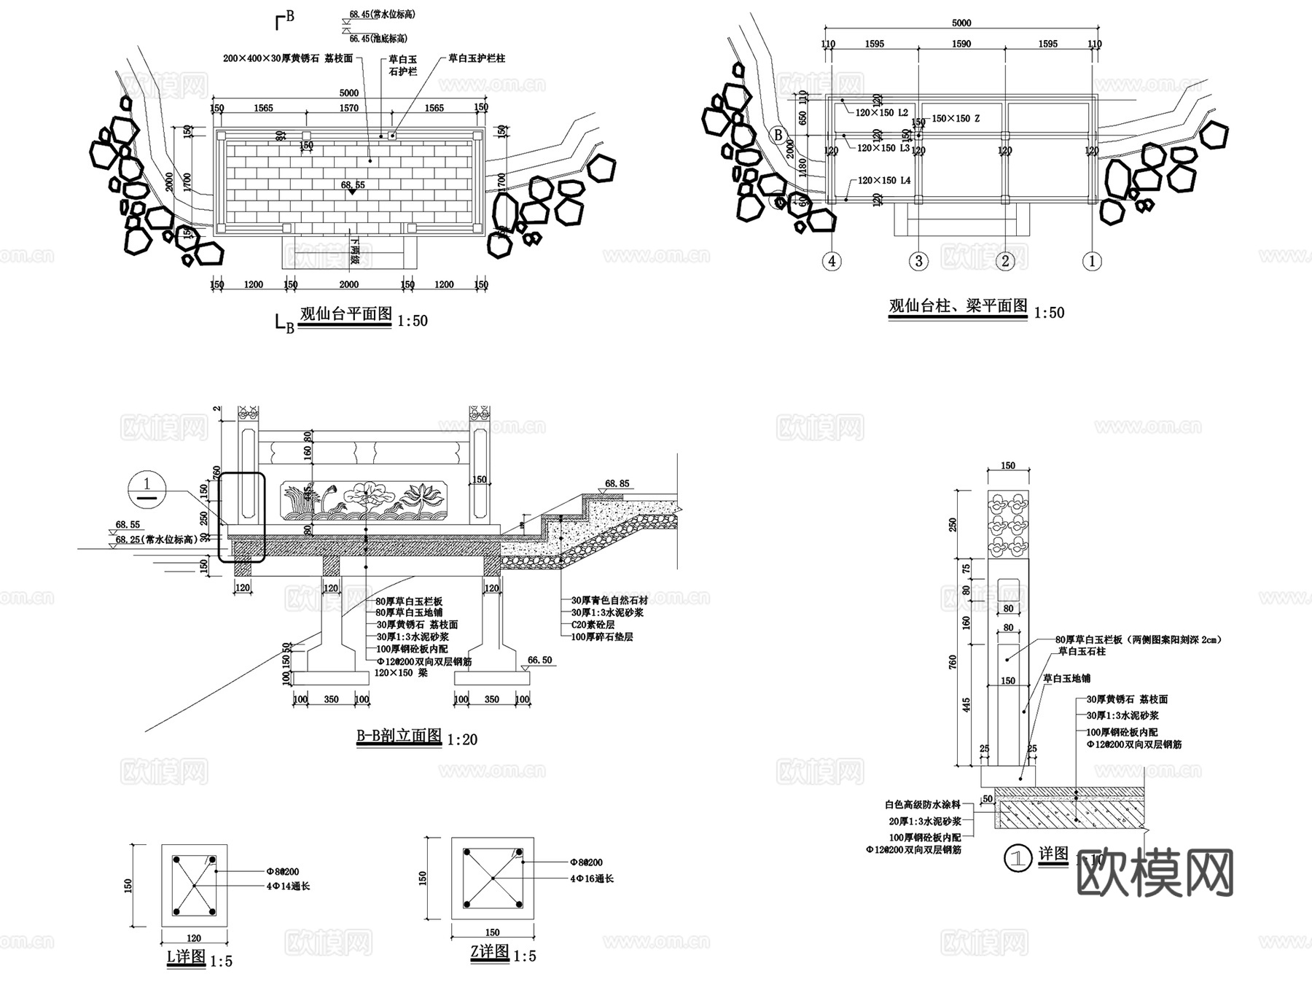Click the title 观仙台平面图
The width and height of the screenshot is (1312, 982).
[346, 315]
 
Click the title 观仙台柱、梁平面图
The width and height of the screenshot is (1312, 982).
[958, 306]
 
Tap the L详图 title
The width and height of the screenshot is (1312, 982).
[187, 956]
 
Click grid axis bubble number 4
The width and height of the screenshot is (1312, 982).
[832, 261]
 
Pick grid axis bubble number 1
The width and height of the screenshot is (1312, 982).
[1091, 261]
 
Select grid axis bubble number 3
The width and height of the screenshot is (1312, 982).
[918, 261]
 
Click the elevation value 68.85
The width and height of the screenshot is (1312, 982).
[617, 483]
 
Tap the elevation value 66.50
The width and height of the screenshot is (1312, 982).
[539, 660]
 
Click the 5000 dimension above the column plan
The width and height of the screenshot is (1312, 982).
[961, 23]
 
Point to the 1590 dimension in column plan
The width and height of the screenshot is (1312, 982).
[961, 44]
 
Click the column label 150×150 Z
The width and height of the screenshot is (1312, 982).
[956, 118]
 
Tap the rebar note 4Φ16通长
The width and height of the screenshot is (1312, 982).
[592, 878]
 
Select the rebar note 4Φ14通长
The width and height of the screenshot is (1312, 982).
[289, 886]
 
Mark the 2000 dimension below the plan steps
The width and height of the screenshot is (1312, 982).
[349, 284]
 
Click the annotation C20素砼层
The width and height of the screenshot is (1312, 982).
[593, 625]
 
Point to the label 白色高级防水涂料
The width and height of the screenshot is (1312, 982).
[923, 805]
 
